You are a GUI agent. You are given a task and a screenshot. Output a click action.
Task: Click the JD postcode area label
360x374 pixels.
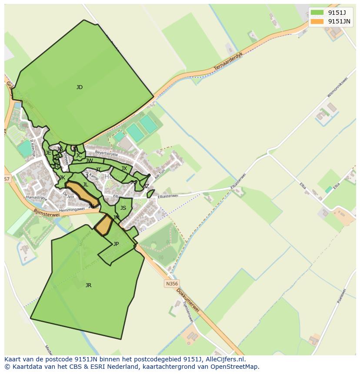pyautogui.click(x=79, y=87)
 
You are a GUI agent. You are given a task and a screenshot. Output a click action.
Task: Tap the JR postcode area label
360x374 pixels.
pyautogui.click(x=88, y=285)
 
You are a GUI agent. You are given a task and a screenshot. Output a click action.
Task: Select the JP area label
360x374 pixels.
pyautogui.click(x=116, y=244)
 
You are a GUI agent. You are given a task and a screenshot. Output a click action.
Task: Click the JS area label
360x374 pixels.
pyautogui.click(x=123, y=208)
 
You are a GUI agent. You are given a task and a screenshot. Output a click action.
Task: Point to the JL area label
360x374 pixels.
pyautogui.click(x=86, y=185)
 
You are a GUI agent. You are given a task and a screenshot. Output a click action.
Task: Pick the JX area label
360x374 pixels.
pyautogui.click(x=124, y=169)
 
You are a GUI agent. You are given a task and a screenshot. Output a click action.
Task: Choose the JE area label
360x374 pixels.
pyautogui.click(x=48, y=153)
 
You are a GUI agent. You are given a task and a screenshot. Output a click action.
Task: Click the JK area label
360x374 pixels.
pyautogui.click(x=62, y=178)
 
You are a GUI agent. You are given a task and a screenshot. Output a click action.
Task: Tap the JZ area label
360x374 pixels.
pyautogui.click(x=146, y=186)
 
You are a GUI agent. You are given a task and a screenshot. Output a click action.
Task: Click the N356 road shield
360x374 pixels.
pyautogui.click(x=172, y=284)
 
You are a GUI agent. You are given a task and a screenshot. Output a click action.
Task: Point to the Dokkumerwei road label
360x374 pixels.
pyautogui.click(x=188, y=300)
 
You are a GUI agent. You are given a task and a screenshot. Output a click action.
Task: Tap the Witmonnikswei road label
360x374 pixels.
pyautogui.click(x=337, y=87)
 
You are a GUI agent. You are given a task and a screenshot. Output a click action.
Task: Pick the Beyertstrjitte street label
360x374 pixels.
pyautogui.click(x=107, y=153)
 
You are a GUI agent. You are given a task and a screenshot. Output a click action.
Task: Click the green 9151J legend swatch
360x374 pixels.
pyautogui.click(x=317, y=12)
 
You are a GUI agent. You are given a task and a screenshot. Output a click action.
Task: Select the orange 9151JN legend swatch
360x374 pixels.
pyautogui.click(x=317, y=21)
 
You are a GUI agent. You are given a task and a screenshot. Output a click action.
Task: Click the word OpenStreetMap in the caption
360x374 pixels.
pyautogui.click(x=236, y=367)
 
